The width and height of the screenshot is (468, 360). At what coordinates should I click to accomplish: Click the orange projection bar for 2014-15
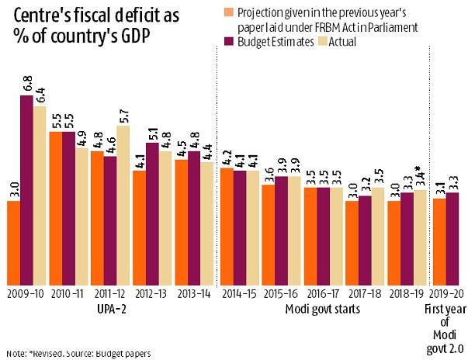226,224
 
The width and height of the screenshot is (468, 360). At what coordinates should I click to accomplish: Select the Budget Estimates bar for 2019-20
452,237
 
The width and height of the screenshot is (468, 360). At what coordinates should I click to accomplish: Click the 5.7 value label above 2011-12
123,114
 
